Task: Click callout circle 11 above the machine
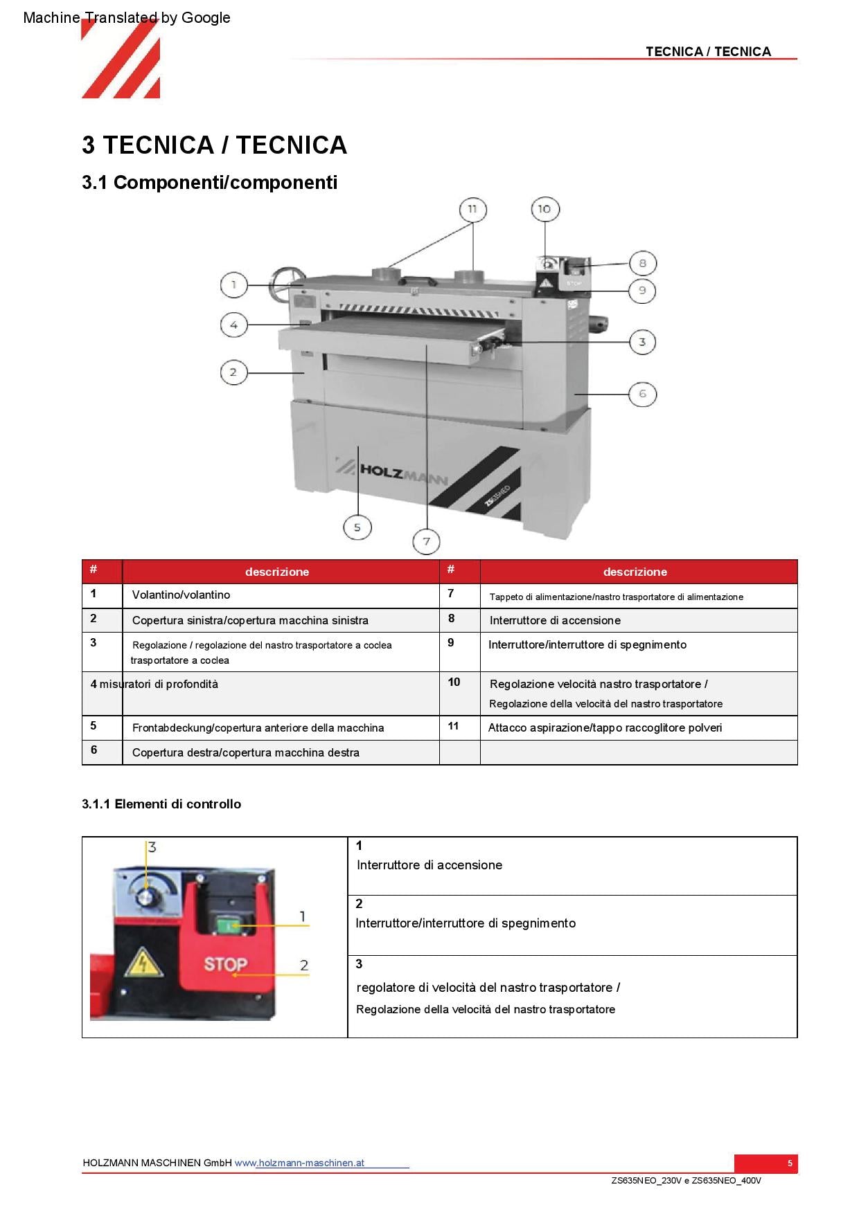472,209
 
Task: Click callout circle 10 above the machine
544,209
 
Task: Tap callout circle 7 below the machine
427,541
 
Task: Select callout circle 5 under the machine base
357,527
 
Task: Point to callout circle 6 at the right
642,394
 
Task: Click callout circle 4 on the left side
233,325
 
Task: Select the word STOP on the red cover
225,964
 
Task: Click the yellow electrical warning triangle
143,962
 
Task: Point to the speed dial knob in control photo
146,898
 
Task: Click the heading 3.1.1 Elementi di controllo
161,804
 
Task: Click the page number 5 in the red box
789,1163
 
